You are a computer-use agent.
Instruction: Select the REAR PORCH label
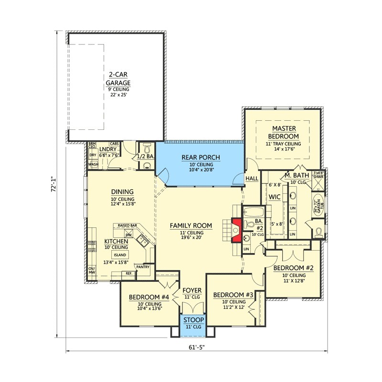pos(201,157)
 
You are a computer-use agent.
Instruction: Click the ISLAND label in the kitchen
pos(119,255)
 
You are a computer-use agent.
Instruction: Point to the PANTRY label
pos(143,267)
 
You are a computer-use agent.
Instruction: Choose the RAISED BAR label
pos(127,225)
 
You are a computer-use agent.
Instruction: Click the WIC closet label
pos(274,196)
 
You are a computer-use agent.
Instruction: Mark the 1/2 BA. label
pos(145,157)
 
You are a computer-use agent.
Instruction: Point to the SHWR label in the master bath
pos(318,176)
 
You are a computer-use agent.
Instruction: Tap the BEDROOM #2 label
pos(293,268)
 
